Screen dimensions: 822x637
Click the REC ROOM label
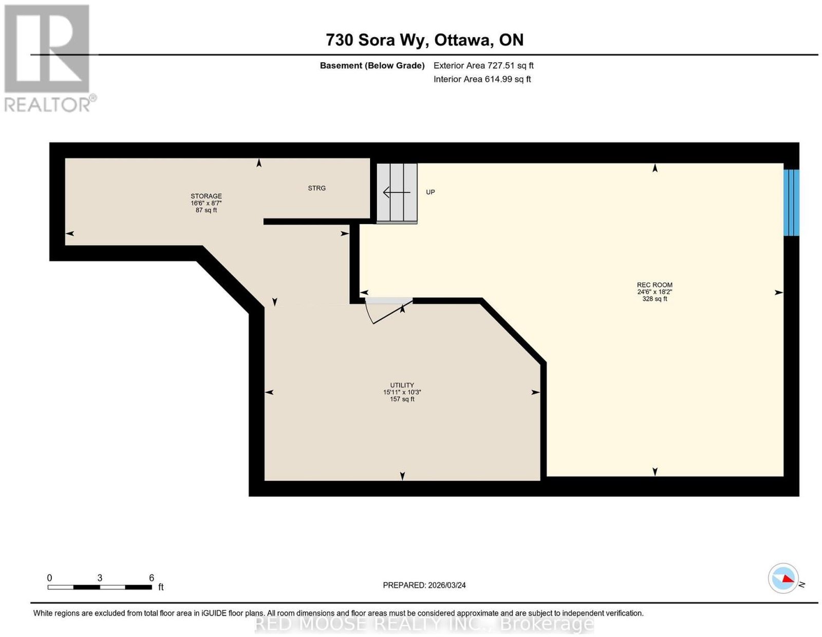click(655, 285)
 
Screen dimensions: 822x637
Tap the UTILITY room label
click(402, 385)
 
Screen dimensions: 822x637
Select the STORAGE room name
click(206, 196)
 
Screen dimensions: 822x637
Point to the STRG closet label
click(316, 188)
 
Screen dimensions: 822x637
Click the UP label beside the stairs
click(431, 192)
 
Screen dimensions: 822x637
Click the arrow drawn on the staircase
click(397, 192)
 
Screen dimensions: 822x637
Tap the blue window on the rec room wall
click(791, 203)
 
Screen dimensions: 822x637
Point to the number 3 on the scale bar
click(100, 578)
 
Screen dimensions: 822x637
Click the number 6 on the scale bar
click(152, 578)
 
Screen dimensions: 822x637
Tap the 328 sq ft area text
click(655, 299)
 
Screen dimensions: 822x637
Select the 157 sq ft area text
click(402, 399)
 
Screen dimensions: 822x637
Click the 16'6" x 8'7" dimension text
click(206, 203)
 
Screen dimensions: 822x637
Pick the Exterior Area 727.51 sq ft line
click(483, 65)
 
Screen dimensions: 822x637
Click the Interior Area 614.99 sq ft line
click(482, 79)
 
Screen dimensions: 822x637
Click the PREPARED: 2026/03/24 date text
click(424, 585)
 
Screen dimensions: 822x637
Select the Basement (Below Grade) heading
click(372, 66)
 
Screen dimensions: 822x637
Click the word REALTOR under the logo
click(48, 105)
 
